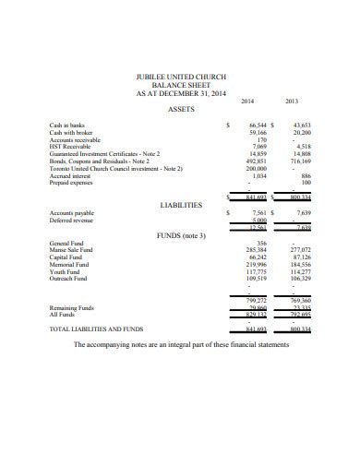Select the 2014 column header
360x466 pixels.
247,100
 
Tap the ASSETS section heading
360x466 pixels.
180,109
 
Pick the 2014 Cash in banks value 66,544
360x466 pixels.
253,125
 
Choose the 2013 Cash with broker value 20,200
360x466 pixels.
302,132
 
